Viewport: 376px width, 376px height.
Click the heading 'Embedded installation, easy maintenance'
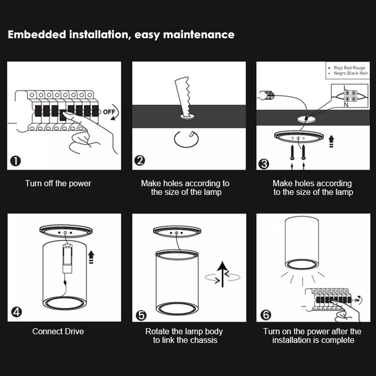coord(121,35)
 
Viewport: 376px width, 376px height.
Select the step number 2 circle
coord(140,161)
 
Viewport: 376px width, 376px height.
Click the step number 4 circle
coord(16,312)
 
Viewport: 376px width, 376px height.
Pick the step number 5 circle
coord(141,315)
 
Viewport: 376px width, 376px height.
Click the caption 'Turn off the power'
coord(58,183)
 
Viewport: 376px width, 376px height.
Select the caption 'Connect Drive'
coord(58,331)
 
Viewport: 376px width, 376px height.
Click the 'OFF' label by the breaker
coord(109,112)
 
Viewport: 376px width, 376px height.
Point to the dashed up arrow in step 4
coord(91,258)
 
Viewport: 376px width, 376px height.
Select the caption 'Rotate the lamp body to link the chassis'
coord(184,336)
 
